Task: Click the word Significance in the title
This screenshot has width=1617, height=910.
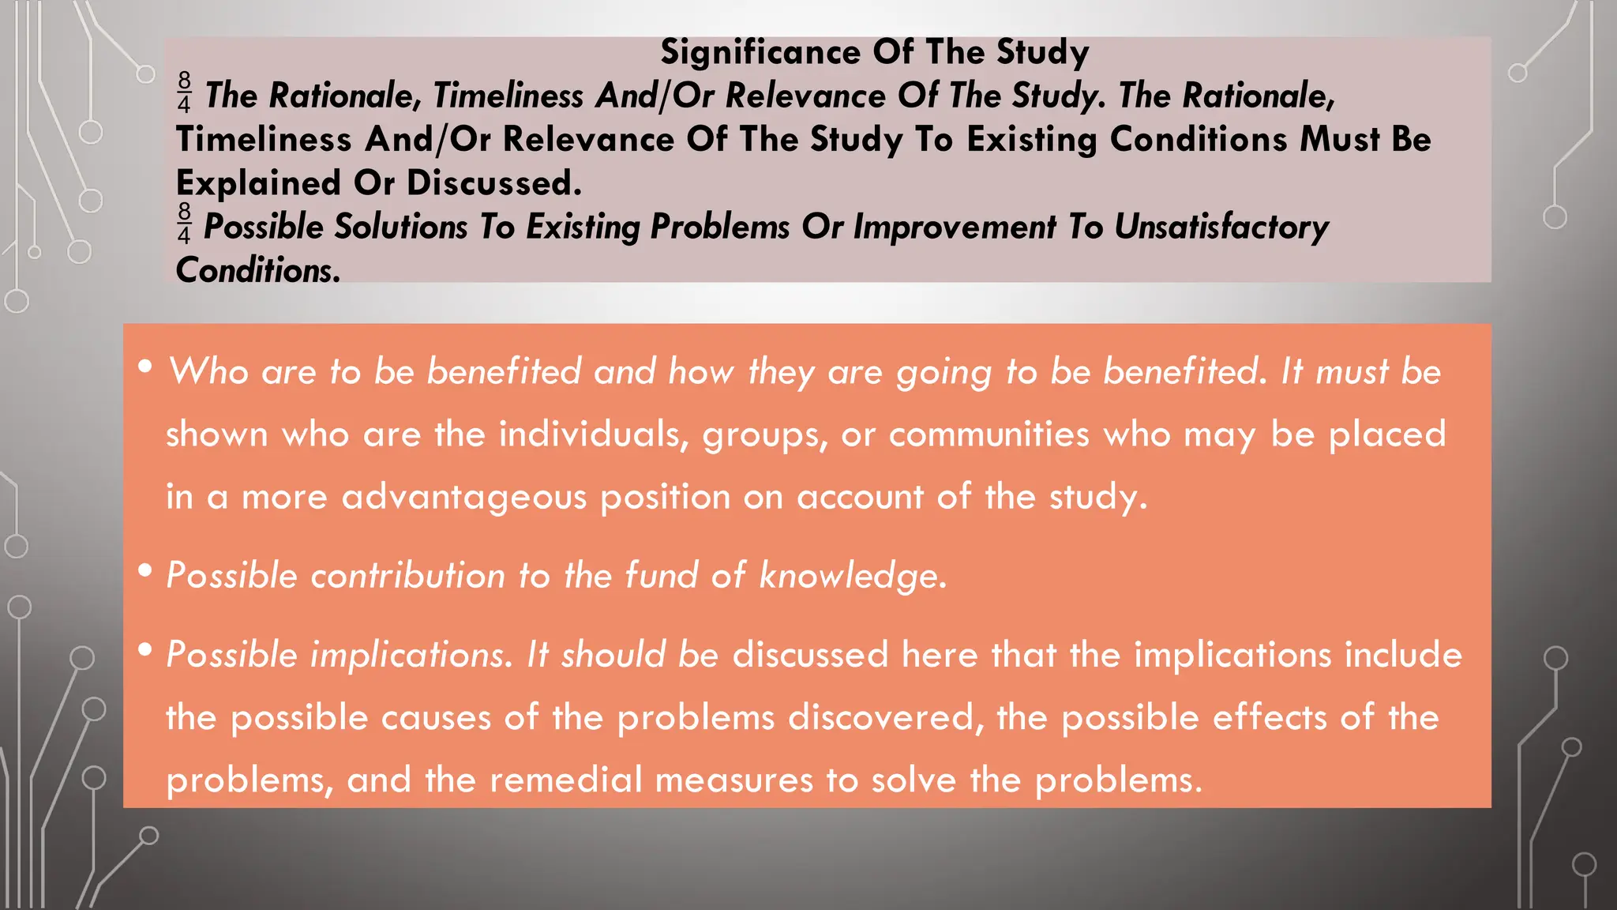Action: tap(760, 53)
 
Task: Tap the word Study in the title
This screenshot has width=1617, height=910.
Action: tap(1042, 53)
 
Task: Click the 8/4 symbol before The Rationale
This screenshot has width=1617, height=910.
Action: tap(184, 92)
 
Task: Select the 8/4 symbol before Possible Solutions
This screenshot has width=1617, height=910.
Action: tap(184, 224)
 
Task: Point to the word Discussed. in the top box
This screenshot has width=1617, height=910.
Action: tap(494, 183)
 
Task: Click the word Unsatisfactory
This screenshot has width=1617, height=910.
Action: tap(1221, 227)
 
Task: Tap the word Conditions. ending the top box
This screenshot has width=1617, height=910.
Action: tap(258, 271)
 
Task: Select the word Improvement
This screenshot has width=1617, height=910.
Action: tap(954, 227)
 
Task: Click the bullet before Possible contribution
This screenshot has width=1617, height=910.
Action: tap(144, 570)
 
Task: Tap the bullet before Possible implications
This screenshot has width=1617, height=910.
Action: tap(144, 650)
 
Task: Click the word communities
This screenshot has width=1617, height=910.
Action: tap(989, 434)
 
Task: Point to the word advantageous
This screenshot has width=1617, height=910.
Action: tap(464, 498)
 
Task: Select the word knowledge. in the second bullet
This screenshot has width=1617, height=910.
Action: tap(853, 576)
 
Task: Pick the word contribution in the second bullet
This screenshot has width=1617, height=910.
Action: tap(407, 576)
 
